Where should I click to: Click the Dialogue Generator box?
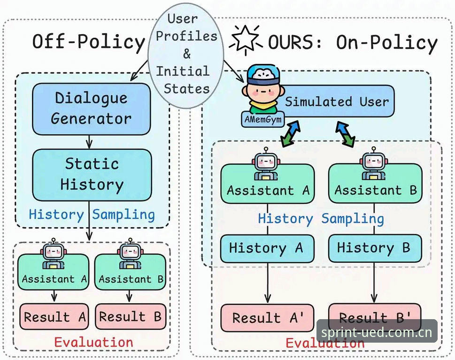[x=92, y=109]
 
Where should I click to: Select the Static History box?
[x=92, y=175]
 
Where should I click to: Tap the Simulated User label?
[x=337, y=101]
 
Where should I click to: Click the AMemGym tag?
[x=263, y=119]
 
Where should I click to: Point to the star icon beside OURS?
[x=246, y=39]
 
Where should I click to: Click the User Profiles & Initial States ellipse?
[x=186, y=55]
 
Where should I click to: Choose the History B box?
[x=375, y=248]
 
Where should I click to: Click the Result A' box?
[x=267, y=318]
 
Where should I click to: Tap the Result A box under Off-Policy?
[x=54, y=316]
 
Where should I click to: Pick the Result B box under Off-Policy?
[x=131, y=316]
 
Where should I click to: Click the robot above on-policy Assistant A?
[x=266, y=163]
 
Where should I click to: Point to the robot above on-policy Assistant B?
[x=373, y=163]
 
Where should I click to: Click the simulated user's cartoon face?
[x=262, y=89]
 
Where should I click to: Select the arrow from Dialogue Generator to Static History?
[x=89, y=142]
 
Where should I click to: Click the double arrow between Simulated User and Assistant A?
[x=290, y=133]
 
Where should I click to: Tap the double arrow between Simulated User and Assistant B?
[x=346, y=134]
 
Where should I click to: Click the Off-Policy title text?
[x=88, y=42]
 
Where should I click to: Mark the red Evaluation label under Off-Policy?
[x=93, y=342]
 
